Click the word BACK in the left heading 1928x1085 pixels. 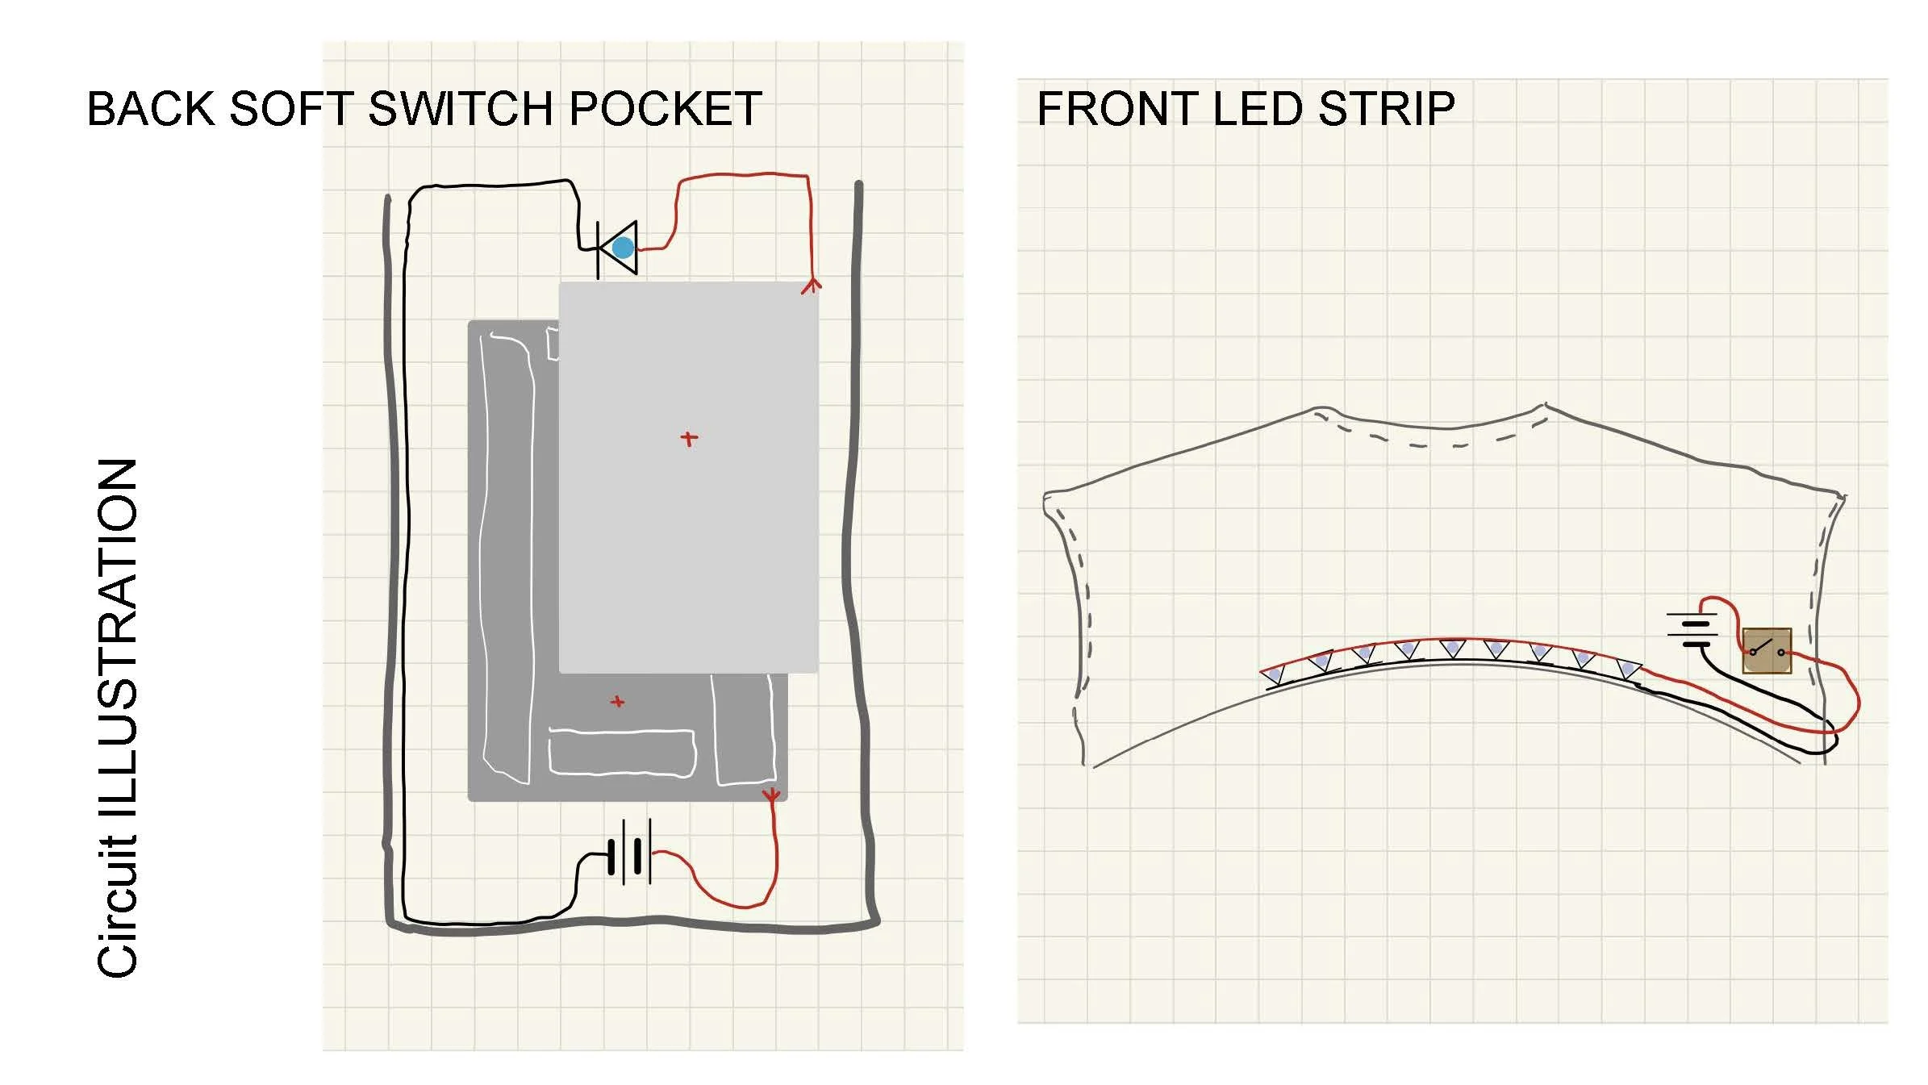(151, 109)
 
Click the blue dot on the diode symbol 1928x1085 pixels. (623, 248)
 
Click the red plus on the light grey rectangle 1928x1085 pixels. (689, 439)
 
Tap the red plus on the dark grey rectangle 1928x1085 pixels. (618, 702)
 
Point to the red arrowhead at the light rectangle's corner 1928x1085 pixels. (812, 285)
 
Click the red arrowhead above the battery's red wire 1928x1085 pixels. (772, 796)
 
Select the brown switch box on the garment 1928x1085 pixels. (1767, 650)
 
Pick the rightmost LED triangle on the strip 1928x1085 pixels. (1628, 669)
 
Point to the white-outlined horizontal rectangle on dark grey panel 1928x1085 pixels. (622, 753)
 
